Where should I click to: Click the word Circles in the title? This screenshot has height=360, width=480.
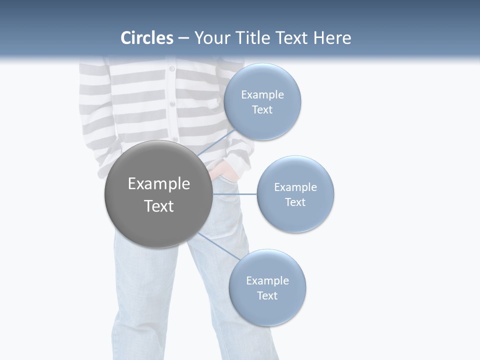(x=147, y=38)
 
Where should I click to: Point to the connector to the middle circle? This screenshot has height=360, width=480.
(x=234, y=194)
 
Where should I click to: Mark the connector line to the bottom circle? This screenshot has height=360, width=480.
(x=218, y=247)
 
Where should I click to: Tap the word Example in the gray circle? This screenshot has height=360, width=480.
(x=159, y=184)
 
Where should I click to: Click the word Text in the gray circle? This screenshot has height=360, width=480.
(x=159, y=206)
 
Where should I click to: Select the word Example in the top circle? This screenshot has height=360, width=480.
(x=262, y=95)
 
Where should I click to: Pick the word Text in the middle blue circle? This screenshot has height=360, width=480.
(x=295, y=202)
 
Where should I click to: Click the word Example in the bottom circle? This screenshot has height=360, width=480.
(x=267, y=281)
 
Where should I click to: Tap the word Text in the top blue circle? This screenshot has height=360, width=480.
(x=262, y=110)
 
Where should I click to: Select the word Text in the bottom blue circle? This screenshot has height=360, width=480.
(x=267, y=296)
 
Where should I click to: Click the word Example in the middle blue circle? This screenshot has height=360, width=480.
(x=295, y=187)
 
